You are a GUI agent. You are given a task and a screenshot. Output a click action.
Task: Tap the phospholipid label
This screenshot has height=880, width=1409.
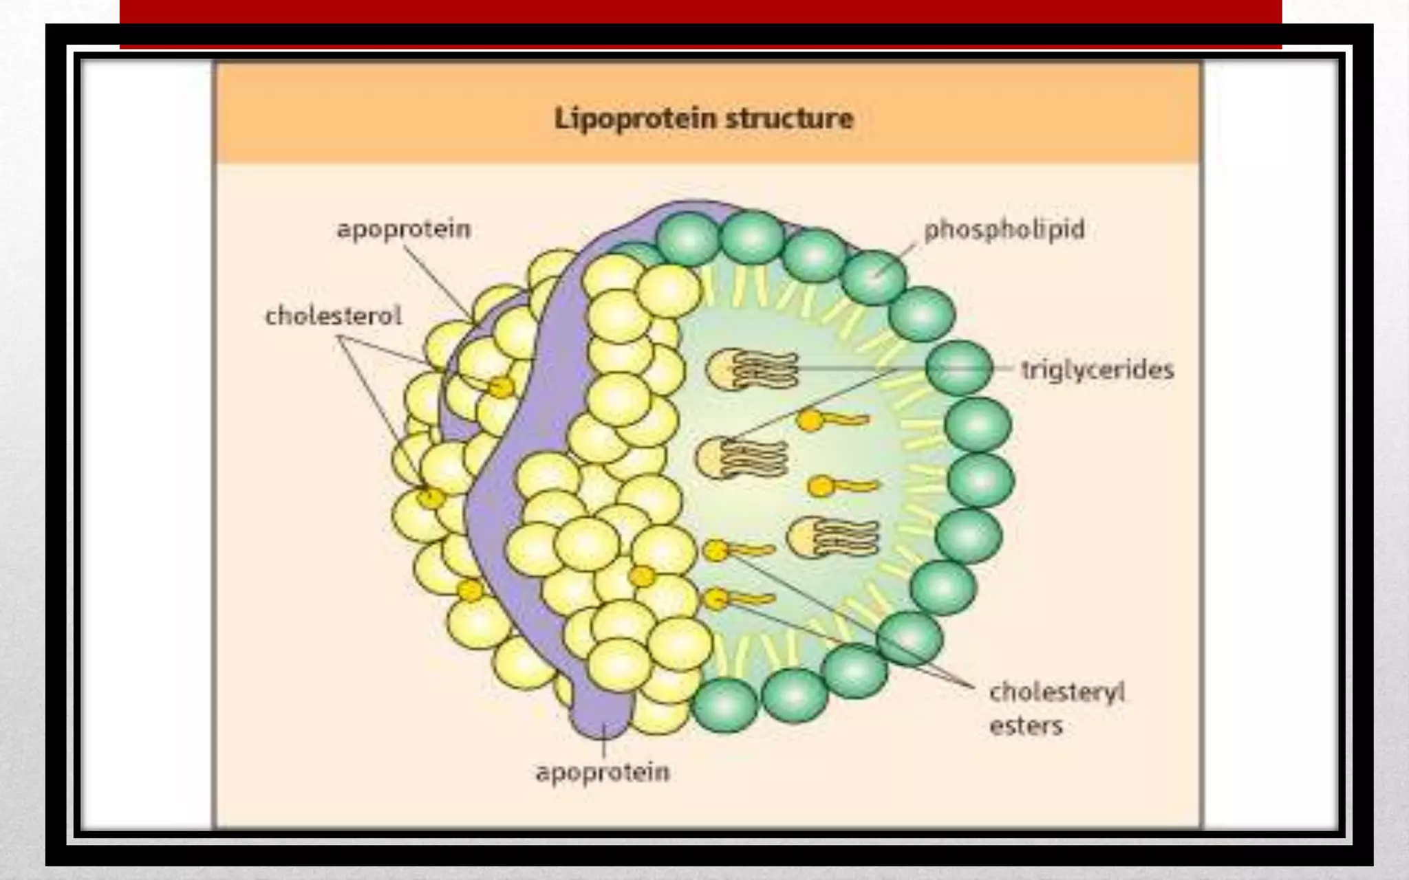(1004, 230)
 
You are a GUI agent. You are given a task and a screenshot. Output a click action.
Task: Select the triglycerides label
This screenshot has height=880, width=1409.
(1097, 370)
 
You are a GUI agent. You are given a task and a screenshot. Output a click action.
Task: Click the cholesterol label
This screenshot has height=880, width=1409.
(333, 316)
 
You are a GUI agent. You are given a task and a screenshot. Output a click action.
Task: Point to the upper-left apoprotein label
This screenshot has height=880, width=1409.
(403, 229)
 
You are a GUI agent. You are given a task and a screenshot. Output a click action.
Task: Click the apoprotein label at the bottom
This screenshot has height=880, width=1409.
(603, 772)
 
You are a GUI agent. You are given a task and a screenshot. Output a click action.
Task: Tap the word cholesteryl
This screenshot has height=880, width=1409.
(1057, 692)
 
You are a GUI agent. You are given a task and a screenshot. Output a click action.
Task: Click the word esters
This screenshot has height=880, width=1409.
(1026, 725)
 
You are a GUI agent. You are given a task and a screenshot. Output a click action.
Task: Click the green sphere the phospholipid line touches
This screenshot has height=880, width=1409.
(873, 278)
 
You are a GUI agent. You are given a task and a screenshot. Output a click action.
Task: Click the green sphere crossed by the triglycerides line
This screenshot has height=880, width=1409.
(959, 368)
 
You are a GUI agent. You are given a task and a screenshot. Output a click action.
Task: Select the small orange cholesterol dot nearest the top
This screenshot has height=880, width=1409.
(501, 388)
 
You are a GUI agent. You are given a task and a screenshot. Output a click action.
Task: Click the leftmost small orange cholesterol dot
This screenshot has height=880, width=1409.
(431, 497)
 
